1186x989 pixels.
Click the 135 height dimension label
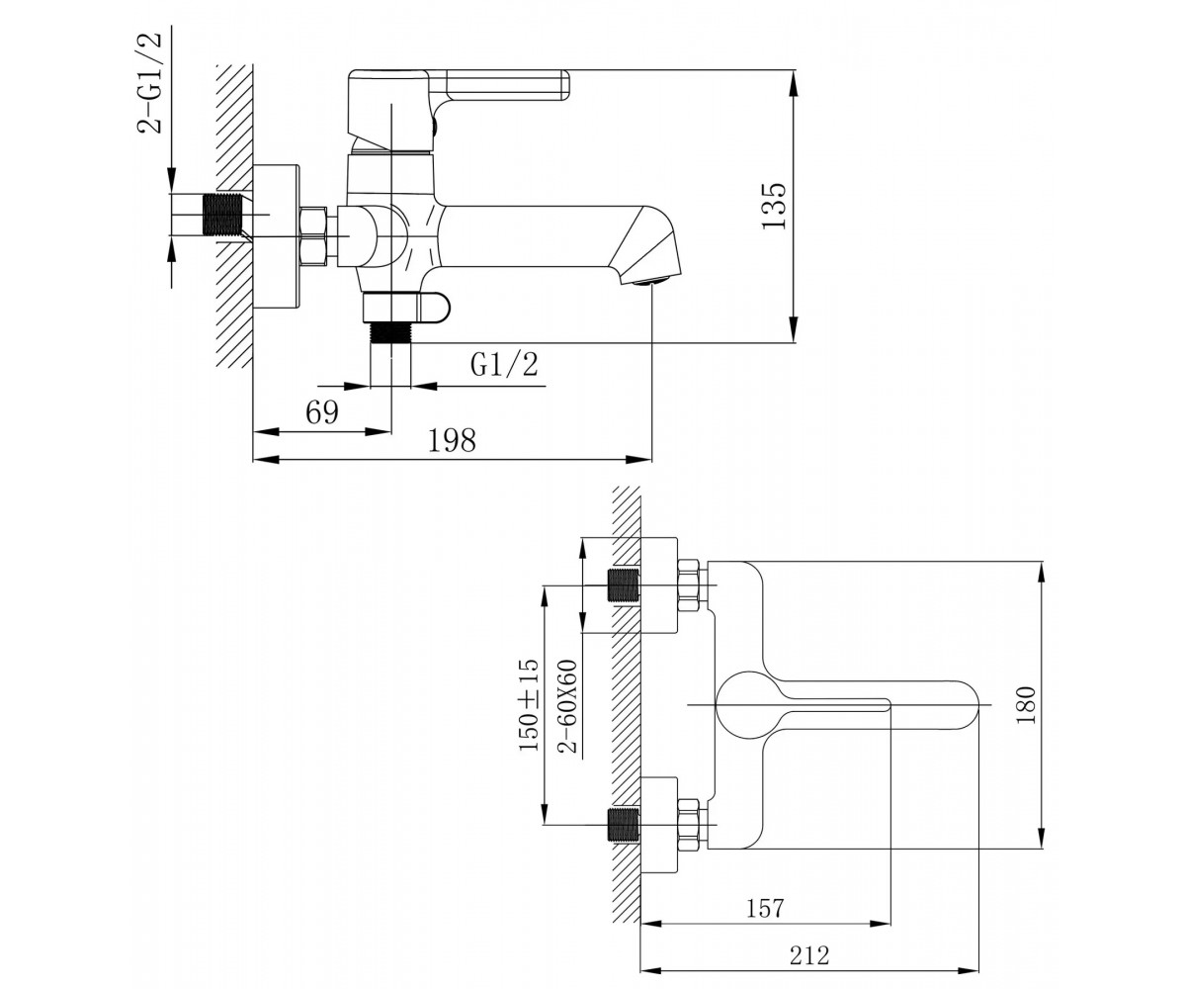(x=774, y=206)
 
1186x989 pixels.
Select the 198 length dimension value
(x=452, y=440)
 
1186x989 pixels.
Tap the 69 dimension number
(x=322, y=412)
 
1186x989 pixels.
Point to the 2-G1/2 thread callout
(x=149, y=83)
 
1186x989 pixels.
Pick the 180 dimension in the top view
(x=1026, y=705)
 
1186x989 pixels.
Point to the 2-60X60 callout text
(x=567, y=706)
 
